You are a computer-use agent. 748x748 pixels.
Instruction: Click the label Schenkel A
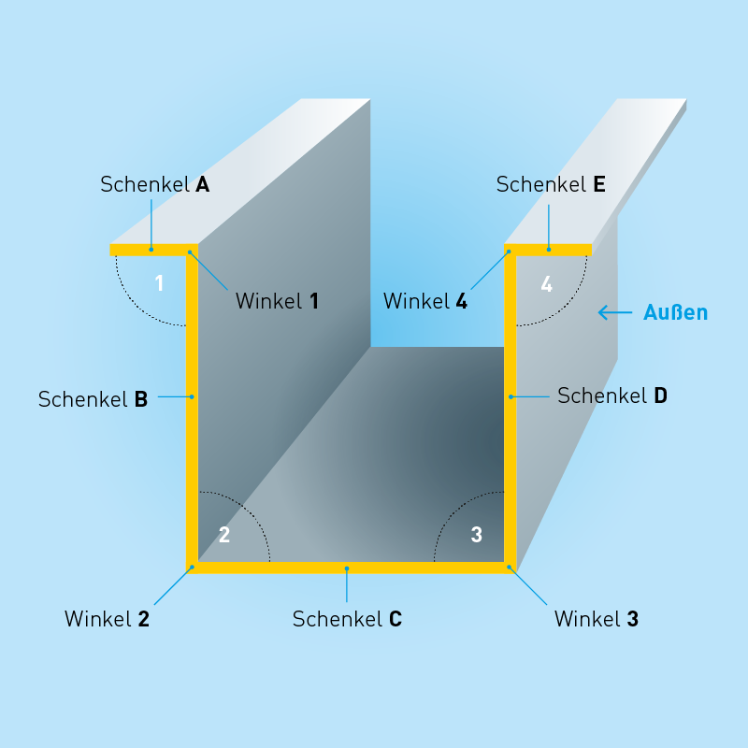point(154,184)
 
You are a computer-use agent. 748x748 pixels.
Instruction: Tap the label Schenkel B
point(93,399)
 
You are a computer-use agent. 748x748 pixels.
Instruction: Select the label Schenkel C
point(347,619)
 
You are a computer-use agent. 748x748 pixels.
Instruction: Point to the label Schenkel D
point(612,396)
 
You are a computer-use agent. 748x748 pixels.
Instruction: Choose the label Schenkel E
point(551,184)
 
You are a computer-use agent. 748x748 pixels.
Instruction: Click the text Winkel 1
point(277,301)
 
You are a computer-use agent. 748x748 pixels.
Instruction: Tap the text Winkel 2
point(107,619)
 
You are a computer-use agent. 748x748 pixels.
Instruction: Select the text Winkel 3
point(597,619)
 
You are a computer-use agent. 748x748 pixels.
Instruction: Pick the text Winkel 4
point(425,301)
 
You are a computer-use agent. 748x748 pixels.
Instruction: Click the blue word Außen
point(676,312)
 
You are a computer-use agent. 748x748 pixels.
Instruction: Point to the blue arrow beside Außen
point(615,312)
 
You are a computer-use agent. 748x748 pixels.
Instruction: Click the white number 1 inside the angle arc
point(159,282)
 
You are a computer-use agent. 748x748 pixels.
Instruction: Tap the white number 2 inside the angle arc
point(223,535)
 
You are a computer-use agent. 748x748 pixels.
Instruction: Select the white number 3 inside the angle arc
point(476,535)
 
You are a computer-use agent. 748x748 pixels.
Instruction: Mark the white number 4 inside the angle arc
point(546,283)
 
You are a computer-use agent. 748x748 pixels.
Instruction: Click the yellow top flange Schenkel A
point(150,250)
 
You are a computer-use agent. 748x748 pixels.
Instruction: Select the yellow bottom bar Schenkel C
point(347,568)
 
